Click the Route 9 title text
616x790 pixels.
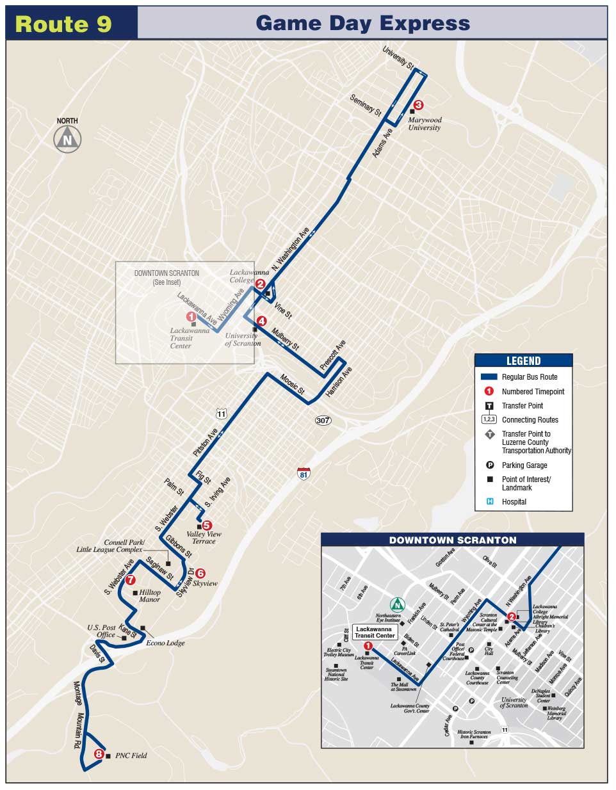(63, 24)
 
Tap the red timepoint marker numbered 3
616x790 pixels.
(418, 105)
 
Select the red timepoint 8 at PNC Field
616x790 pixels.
(99, 754)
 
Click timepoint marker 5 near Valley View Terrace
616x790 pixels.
(206, 525)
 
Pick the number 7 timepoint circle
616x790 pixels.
(131, 580)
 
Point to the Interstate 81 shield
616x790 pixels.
(304, 473)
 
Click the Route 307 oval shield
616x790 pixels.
(323, 420)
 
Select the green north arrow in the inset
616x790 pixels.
(398, 604)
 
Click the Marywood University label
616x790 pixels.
(425, 124)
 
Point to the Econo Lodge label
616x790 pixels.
(165, 643)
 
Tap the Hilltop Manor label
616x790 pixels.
(149, 596)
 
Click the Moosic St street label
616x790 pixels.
(292, 383)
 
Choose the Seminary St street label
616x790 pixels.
(366, 104)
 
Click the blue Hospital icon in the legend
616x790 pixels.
(490, 502)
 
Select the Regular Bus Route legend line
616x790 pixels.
(489, 377)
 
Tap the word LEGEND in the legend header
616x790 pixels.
(523, 361)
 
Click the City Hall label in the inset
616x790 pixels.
(489, 651)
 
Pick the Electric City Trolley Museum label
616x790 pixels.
(338, 652)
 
